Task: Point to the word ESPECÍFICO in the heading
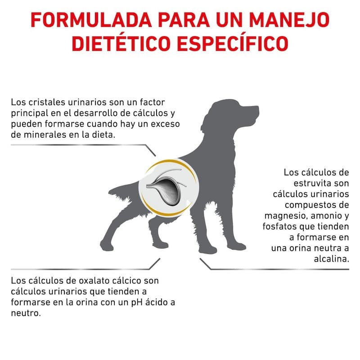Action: pos(233,43)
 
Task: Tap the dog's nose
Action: pos(257,108)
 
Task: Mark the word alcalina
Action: pos(331,259)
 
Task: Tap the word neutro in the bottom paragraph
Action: pos(26,313)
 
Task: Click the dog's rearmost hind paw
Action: pos(107,246)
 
